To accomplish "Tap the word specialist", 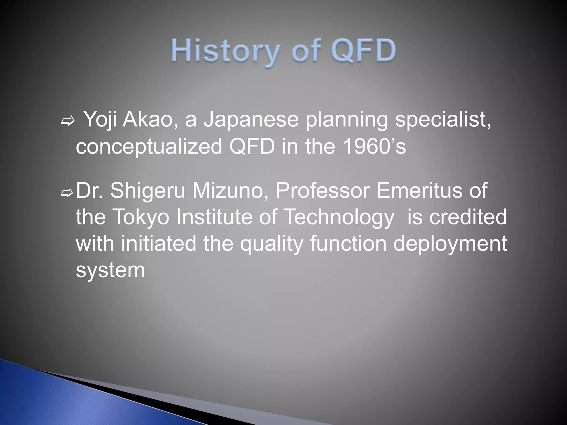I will tap(443, 120).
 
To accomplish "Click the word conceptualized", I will tap(149, 147).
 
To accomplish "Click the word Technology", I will tap(339, 217).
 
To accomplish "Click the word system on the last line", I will tap(110, 270).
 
